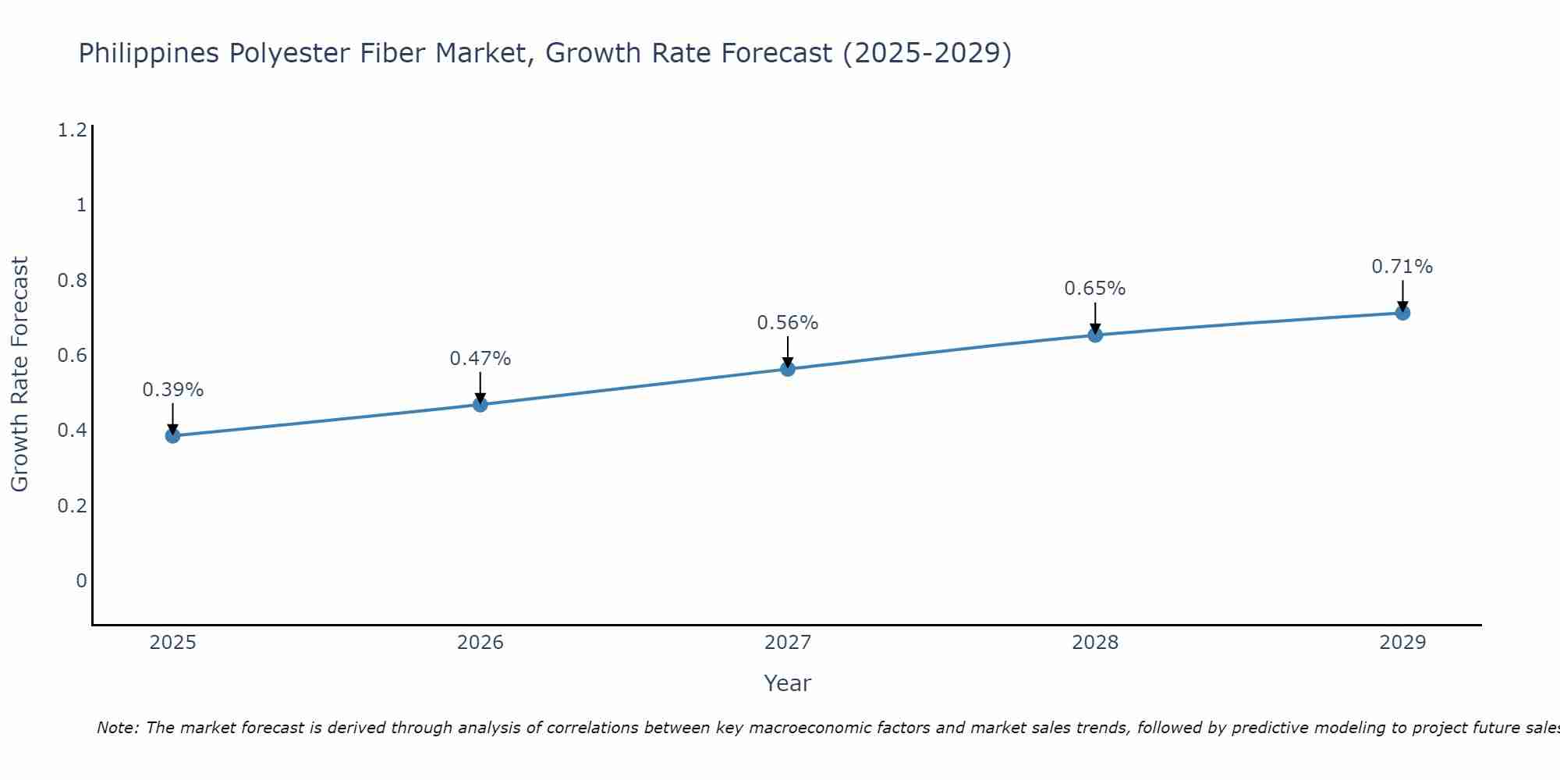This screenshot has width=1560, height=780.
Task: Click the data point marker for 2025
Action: point(172,435)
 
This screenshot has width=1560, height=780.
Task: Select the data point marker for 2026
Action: point(480,404)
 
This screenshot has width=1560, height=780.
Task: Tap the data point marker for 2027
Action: point(788,369)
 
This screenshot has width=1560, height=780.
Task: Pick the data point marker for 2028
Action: point(1095,335)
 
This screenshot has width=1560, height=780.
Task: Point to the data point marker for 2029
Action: point(1402,313)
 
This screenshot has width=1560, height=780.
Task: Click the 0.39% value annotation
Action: point(172,389)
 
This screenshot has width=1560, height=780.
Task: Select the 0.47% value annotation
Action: point(480,359)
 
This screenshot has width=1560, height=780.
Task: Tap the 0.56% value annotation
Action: point(788,323)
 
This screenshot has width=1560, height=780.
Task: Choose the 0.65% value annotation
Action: point(1095,289)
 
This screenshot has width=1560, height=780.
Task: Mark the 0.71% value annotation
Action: point(1402,267)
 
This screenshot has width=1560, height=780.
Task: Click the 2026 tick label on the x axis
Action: point(480,643)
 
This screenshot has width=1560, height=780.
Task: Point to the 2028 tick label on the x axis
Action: point(1095,643)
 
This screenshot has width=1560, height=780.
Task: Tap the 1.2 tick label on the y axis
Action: point(72,129)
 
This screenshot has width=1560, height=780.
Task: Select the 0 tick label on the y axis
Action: point(81,580)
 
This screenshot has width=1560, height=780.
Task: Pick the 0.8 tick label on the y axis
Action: point(72,280)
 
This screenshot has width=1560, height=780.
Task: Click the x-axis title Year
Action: point(788,683)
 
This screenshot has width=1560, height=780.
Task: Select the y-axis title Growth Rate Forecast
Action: point(20,374)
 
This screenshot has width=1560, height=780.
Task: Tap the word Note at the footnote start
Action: point(117,728)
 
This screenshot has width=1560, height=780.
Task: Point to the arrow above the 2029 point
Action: point(1402,294)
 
